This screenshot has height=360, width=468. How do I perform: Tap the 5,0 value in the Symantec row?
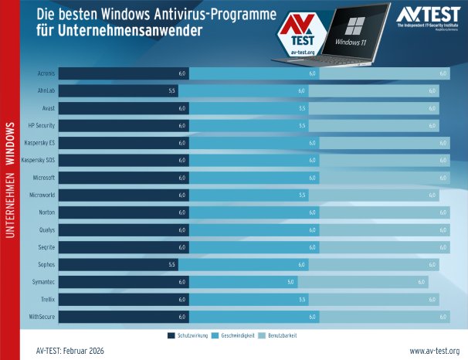pyautogui.click(x=291, y=282)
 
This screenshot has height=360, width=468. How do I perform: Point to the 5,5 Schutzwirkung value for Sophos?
pyautogui.click(x=172, y=265)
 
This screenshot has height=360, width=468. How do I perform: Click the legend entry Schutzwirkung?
pyautogui.click(x=188, y=336)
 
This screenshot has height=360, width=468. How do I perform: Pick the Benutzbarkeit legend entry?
pyautogui.click(x=279, y=336)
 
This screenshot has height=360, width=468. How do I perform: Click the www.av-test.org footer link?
pyautogui.click(x=434, y=351)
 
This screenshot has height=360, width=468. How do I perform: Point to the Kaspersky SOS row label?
pyautogui.click(x=38, y=160)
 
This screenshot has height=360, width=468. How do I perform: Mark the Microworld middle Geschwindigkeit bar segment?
pyautogui.click(x=247, y=195)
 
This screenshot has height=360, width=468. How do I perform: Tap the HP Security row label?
pyautogui.click(x=41, y=125)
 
